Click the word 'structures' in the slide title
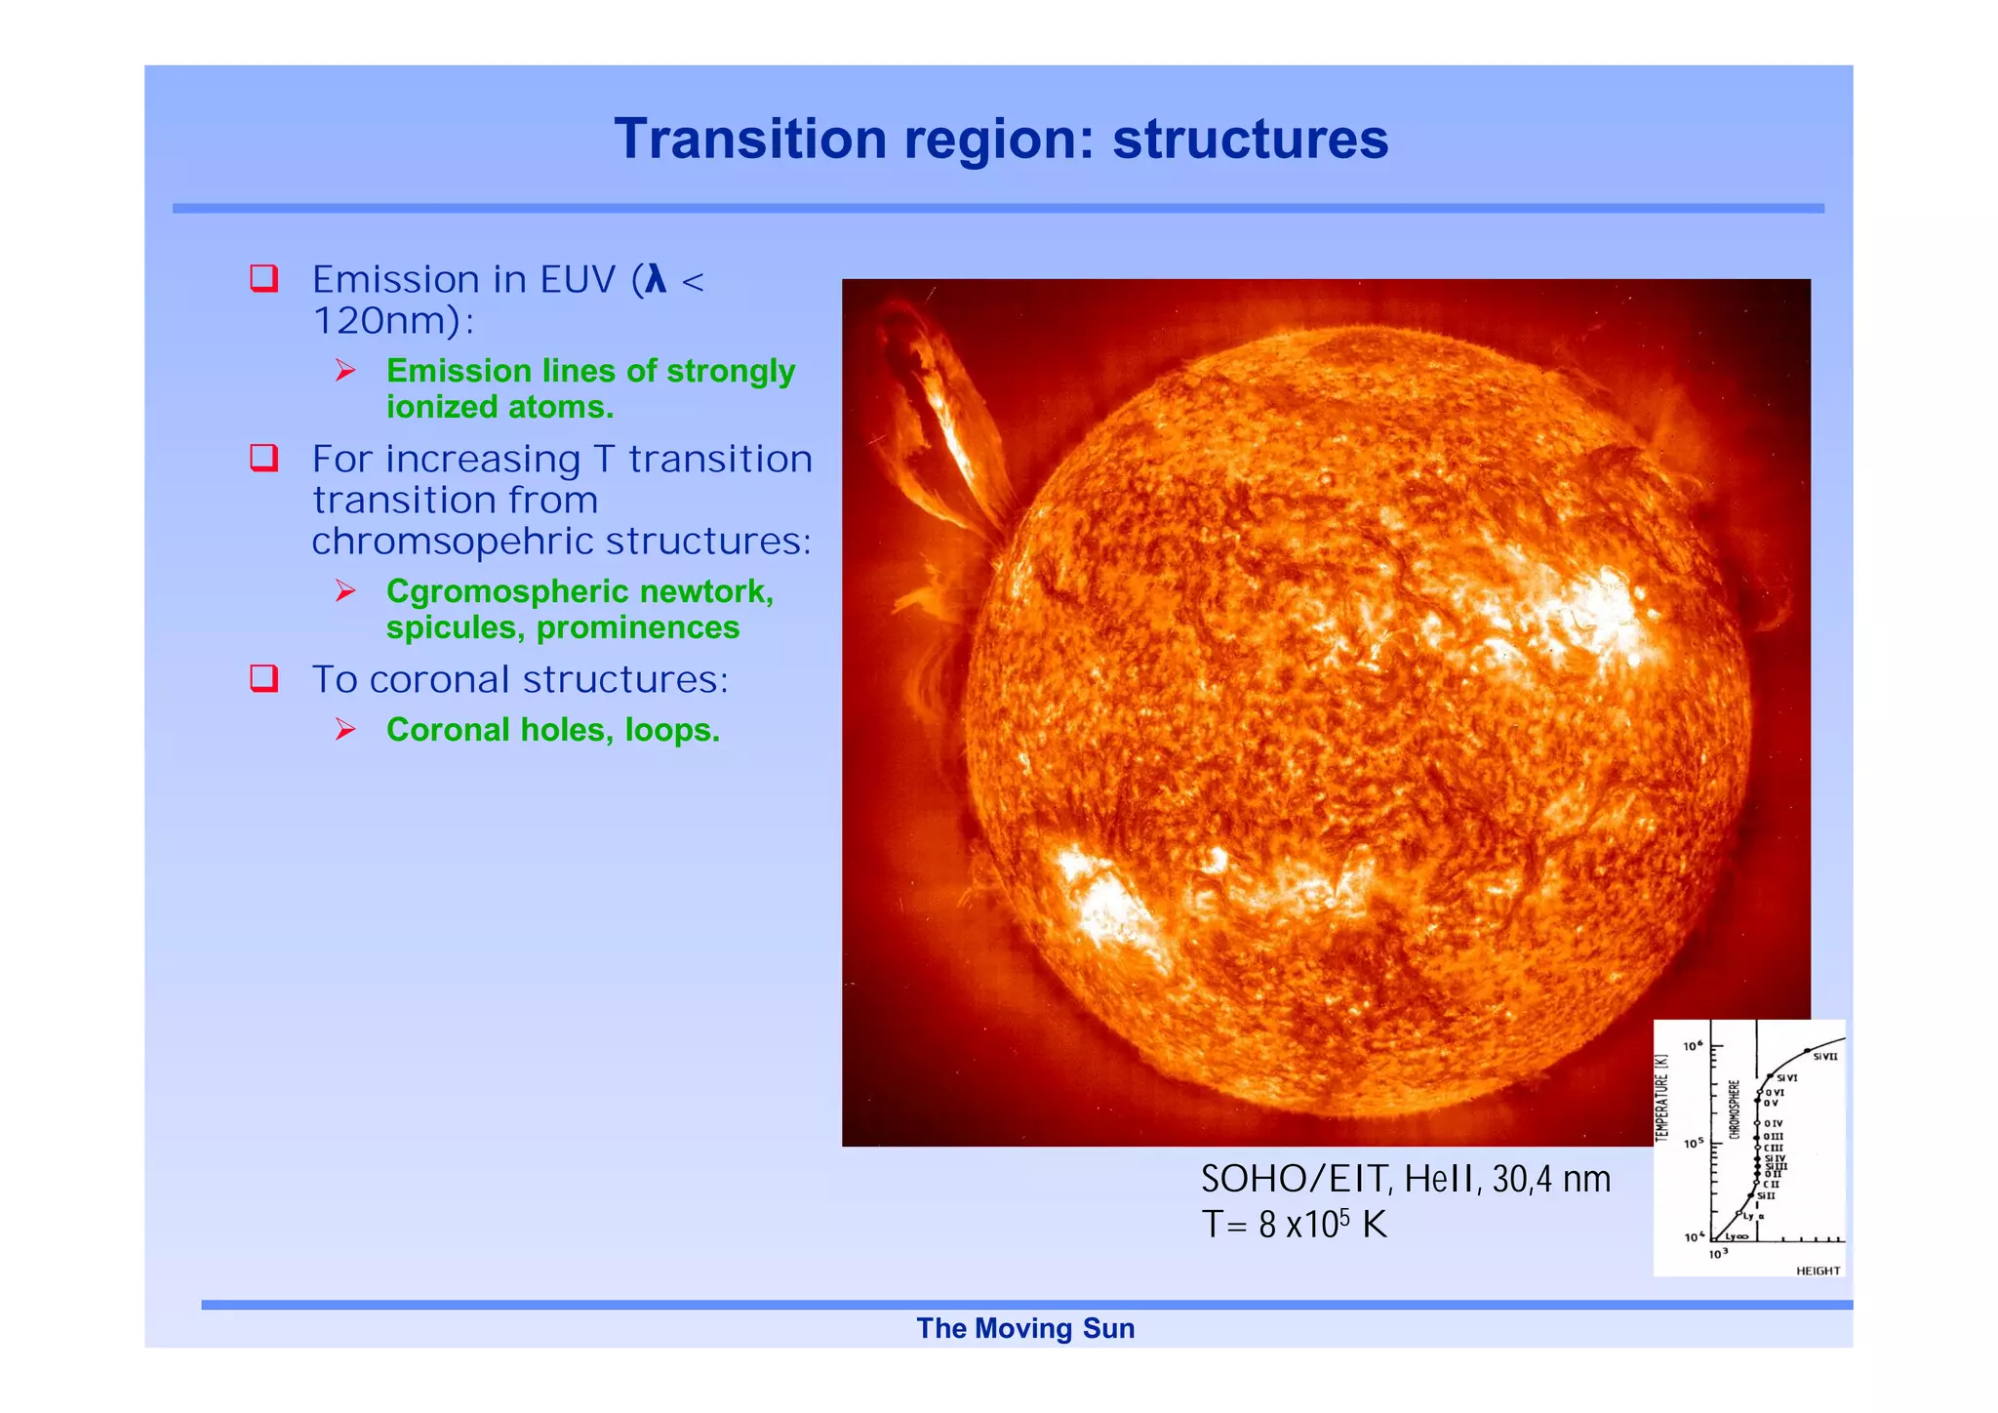tap(1250, 140)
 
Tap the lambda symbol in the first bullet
tap(655, 280)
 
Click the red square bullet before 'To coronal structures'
tap(264, 678)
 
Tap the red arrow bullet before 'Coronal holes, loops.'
tap(345, 730)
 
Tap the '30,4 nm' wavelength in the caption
tap(1551, 1180)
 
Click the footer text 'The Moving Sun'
tap(1025, 1329)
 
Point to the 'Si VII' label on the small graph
tap(1824, 1057)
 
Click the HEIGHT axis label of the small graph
tap(1818, 1271)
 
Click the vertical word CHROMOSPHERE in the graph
tap(1734, 1109)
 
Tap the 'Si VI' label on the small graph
tap(1787, 1078)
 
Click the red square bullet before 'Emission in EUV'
tap(264, 278)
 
